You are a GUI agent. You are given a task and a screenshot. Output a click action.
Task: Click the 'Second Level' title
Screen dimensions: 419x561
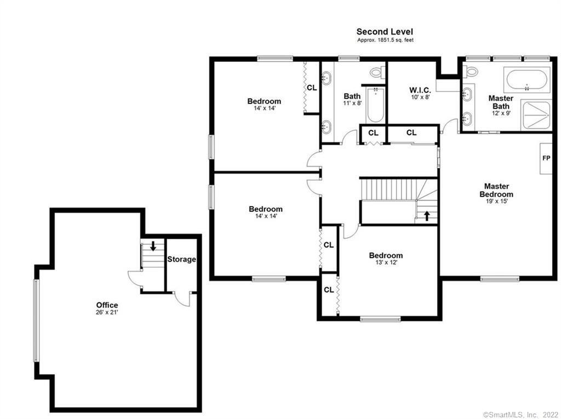[385, 32]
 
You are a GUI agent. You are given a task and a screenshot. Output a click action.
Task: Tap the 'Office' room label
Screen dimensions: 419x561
[107, 305]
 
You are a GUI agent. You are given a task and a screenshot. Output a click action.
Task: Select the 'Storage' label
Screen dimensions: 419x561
[181, 259]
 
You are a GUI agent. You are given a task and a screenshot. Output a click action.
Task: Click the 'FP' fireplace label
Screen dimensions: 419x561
[546, 158]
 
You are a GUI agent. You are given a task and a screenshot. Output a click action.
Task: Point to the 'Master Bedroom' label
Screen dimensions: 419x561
[496, 190]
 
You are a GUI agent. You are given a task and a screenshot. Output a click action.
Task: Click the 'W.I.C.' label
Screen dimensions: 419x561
[420, 90]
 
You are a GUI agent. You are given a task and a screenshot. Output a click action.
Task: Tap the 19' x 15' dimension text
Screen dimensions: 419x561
[496, 201]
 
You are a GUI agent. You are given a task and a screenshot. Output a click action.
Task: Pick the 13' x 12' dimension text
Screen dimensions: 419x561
[386, 262]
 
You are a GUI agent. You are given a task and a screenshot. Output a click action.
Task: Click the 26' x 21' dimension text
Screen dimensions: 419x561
[107, 312]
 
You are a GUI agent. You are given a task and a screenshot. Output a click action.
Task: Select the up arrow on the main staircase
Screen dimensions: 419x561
[427, 215]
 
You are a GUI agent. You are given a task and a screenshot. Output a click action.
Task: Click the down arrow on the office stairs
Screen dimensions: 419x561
[153, 245]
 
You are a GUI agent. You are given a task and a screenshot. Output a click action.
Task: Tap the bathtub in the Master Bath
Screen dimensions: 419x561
[528, 80]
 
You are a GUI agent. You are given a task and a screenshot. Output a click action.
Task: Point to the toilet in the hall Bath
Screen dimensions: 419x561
[377, 72]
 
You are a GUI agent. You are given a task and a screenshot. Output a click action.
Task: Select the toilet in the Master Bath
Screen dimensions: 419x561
[471, 71]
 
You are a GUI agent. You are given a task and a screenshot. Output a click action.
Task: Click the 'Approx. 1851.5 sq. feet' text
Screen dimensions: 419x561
[385, 41]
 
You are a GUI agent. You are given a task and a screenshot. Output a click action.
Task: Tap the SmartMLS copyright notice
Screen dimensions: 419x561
[520, 415]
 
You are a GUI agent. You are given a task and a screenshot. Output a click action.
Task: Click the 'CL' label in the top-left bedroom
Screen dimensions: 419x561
[311, 87]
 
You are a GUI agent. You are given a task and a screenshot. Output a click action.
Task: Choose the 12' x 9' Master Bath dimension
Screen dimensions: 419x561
[501, 113]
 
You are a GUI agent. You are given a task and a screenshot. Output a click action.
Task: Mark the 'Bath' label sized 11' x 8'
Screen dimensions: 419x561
[352, 96]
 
